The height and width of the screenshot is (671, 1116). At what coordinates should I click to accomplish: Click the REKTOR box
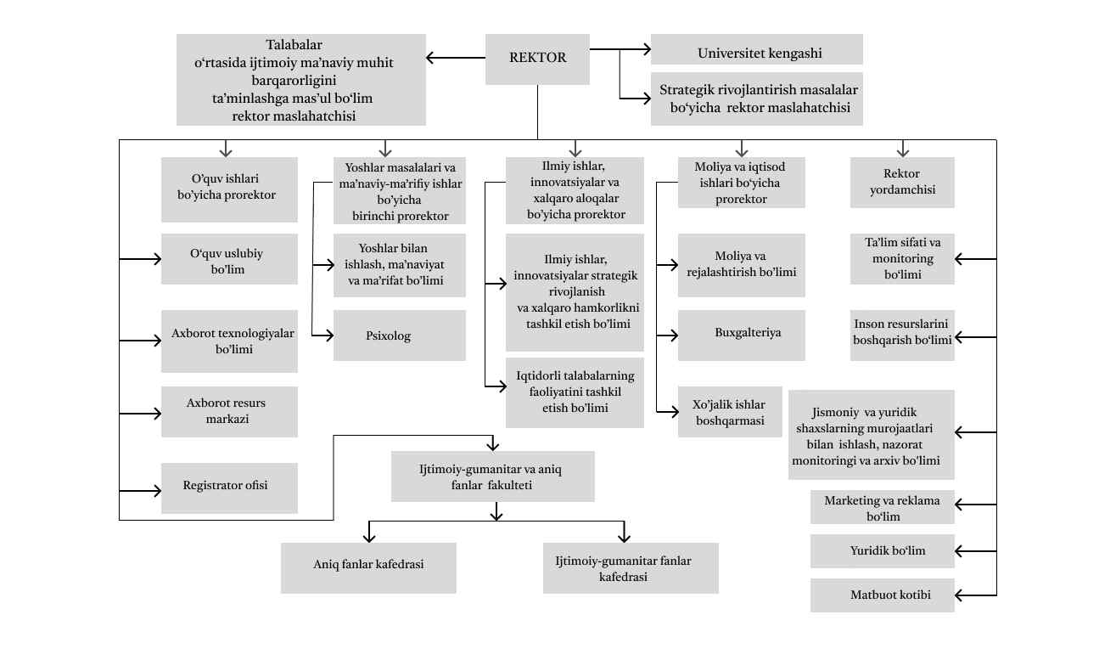point(537,59)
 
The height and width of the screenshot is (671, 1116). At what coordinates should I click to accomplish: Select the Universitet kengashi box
point(756,50)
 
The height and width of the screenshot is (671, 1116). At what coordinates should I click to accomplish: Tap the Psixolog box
point(399,335)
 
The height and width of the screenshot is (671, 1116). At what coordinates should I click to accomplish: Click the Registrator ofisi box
point(229,488)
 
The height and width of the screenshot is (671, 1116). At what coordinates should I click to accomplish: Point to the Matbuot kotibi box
point(882,595)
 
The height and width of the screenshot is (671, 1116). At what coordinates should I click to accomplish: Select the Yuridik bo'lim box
point(882,551)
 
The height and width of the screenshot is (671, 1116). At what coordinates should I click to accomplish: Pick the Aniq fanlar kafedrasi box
point(368,567)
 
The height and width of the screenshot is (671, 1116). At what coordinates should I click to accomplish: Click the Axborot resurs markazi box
point(229,411)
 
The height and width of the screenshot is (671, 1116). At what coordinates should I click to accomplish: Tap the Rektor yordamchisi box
point(902,183)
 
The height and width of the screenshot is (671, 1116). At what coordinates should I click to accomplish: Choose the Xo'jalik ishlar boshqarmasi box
point(730,413)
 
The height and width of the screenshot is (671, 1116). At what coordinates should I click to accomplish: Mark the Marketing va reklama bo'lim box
point(882,508)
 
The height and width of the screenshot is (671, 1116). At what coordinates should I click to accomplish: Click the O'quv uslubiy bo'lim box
point(229,259)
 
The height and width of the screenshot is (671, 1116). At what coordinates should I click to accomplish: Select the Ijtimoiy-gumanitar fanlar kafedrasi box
point(631,568)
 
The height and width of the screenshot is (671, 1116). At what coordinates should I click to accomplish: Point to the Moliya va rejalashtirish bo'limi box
point(741,265)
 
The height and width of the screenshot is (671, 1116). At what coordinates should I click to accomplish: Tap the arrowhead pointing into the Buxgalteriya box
point(672,335)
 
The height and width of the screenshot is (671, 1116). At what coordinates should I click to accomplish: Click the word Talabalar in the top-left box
point(294,45)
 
